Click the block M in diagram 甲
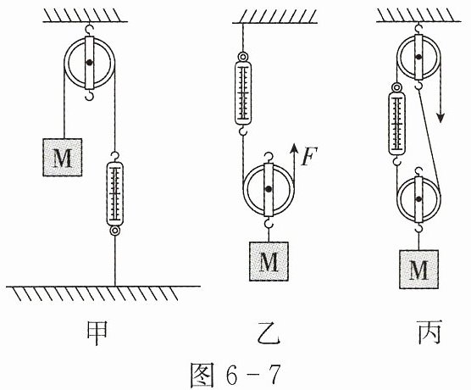[63, 157]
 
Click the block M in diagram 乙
[269, 261]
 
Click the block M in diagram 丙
[418, 270]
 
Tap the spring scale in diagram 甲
[114, 193]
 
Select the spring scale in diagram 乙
[243, 93]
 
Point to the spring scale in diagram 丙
[397, 124]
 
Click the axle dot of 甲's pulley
[89, 63]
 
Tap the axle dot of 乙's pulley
[269, 189]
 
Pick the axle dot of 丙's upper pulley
[418, 56]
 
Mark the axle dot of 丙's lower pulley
[418, 198]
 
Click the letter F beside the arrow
[309, 156]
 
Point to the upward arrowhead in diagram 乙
[295, 148]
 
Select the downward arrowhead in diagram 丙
[441, 117]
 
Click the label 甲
[97, 333]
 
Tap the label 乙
[269, 333]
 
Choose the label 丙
[429, 332]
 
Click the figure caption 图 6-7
[235, 375]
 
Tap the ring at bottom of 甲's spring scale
[114, 231]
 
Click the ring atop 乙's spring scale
[243, 56]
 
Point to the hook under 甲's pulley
[89, 96]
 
